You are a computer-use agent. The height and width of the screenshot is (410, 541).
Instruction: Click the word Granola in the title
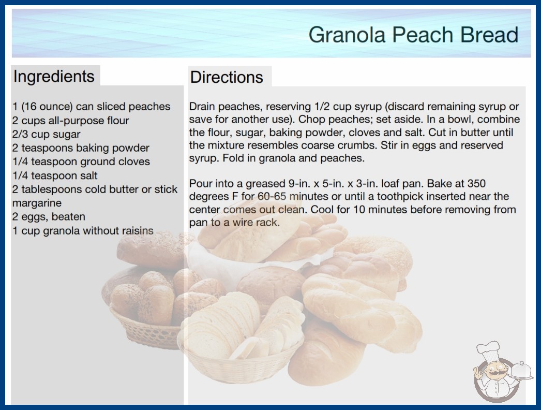[347, 35]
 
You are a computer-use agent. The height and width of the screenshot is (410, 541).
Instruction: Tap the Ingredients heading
[54, 77]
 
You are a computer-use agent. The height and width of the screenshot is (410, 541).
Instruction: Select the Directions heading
[227, 77]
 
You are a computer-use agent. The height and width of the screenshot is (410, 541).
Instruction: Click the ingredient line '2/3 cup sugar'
[46, 134]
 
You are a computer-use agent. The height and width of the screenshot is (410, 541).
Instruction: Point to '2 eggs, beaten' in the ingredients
[49, 216]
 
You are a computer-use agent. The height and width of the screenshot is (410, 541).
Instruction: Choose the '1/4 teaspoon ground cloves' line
[81, 162]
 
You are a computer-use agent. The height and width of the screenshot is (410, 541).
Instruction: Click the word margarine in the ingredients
[37, 203]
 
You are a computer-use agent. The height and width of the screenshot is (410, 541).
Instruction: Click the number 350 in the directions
[476, 183]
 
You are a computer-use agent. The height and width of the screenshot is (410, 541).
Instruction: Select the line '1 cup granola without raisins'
[83, 230]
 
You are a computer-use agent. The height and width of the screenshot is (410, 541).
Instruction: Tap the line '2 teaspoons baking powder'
[81, 148]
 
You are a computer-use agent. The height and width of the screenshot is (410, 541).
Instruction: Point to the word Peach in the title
[423, 35]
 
